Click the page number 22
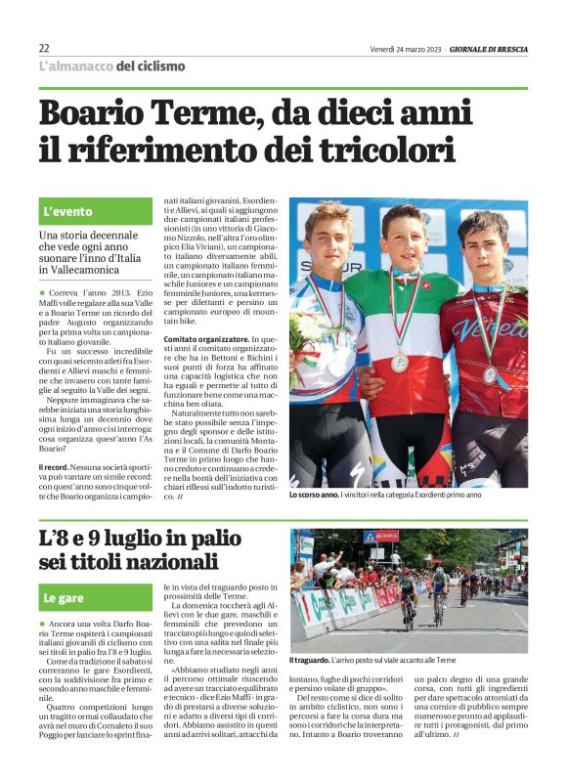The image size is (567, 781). (44, 48)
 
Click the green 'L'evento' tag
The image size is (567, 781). (68, 211)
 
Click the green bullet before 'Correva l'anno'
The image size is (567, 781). (42, 292)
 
